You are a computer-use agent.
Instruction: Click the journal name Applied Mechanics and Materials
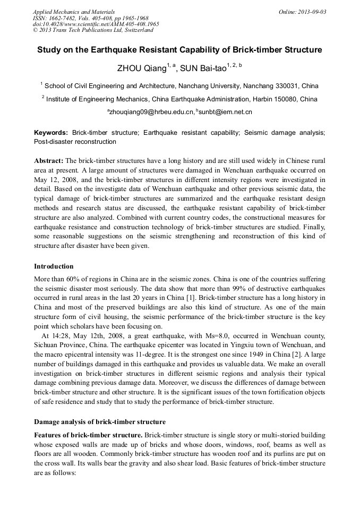click(73, 12)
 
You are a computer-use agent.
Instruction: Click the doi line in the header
click(96, 24)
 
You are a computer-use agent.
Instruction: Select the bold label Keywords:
click(51, 133)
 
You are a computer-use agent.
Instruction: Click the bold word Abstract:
click(49, 160)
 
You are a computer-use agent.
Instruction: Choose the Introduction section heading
click(54, 266)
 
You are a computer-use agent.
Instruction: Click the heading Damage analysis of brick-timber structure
click(100, 422)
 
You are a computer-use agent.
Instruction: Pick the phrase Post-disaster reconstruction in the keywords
click(75, 142)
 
